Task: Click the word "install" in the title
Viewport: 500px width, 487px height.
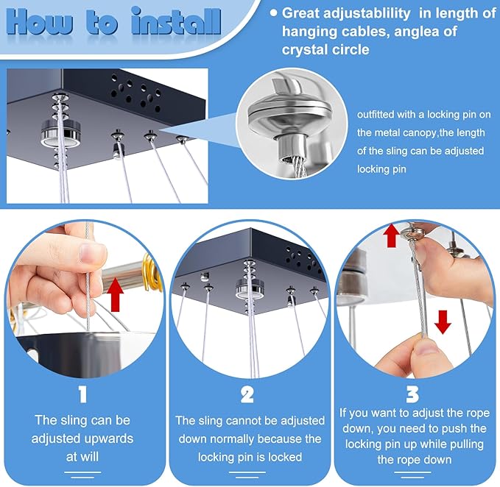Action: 176,21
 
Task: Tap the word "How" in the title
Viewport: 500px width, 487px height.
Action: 39,21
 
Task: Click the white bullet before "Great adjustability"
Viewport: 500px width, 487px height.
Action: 273,13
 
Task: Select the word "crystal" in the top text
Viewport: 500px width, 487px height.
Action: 303,50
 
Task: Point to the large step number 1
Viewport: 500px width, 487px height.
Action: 82,394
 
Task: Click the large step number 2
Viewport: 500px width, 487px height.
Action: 247,394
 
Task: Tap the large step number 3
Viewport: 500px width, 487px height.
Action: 412,394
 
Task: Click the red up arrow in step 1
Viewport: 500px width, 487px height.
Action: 115,295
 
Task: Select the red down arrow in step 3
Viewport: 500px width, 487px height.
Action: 443,322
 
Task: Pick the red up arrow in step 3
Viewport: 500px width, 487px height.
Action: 391,235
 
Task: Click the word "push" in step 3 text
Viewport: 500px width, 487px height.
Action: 451,428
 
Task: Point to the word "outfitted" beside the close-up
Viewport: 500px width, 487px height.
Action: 376,114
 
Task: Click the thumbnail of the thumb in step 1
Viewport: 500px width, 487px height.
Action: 92,252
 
